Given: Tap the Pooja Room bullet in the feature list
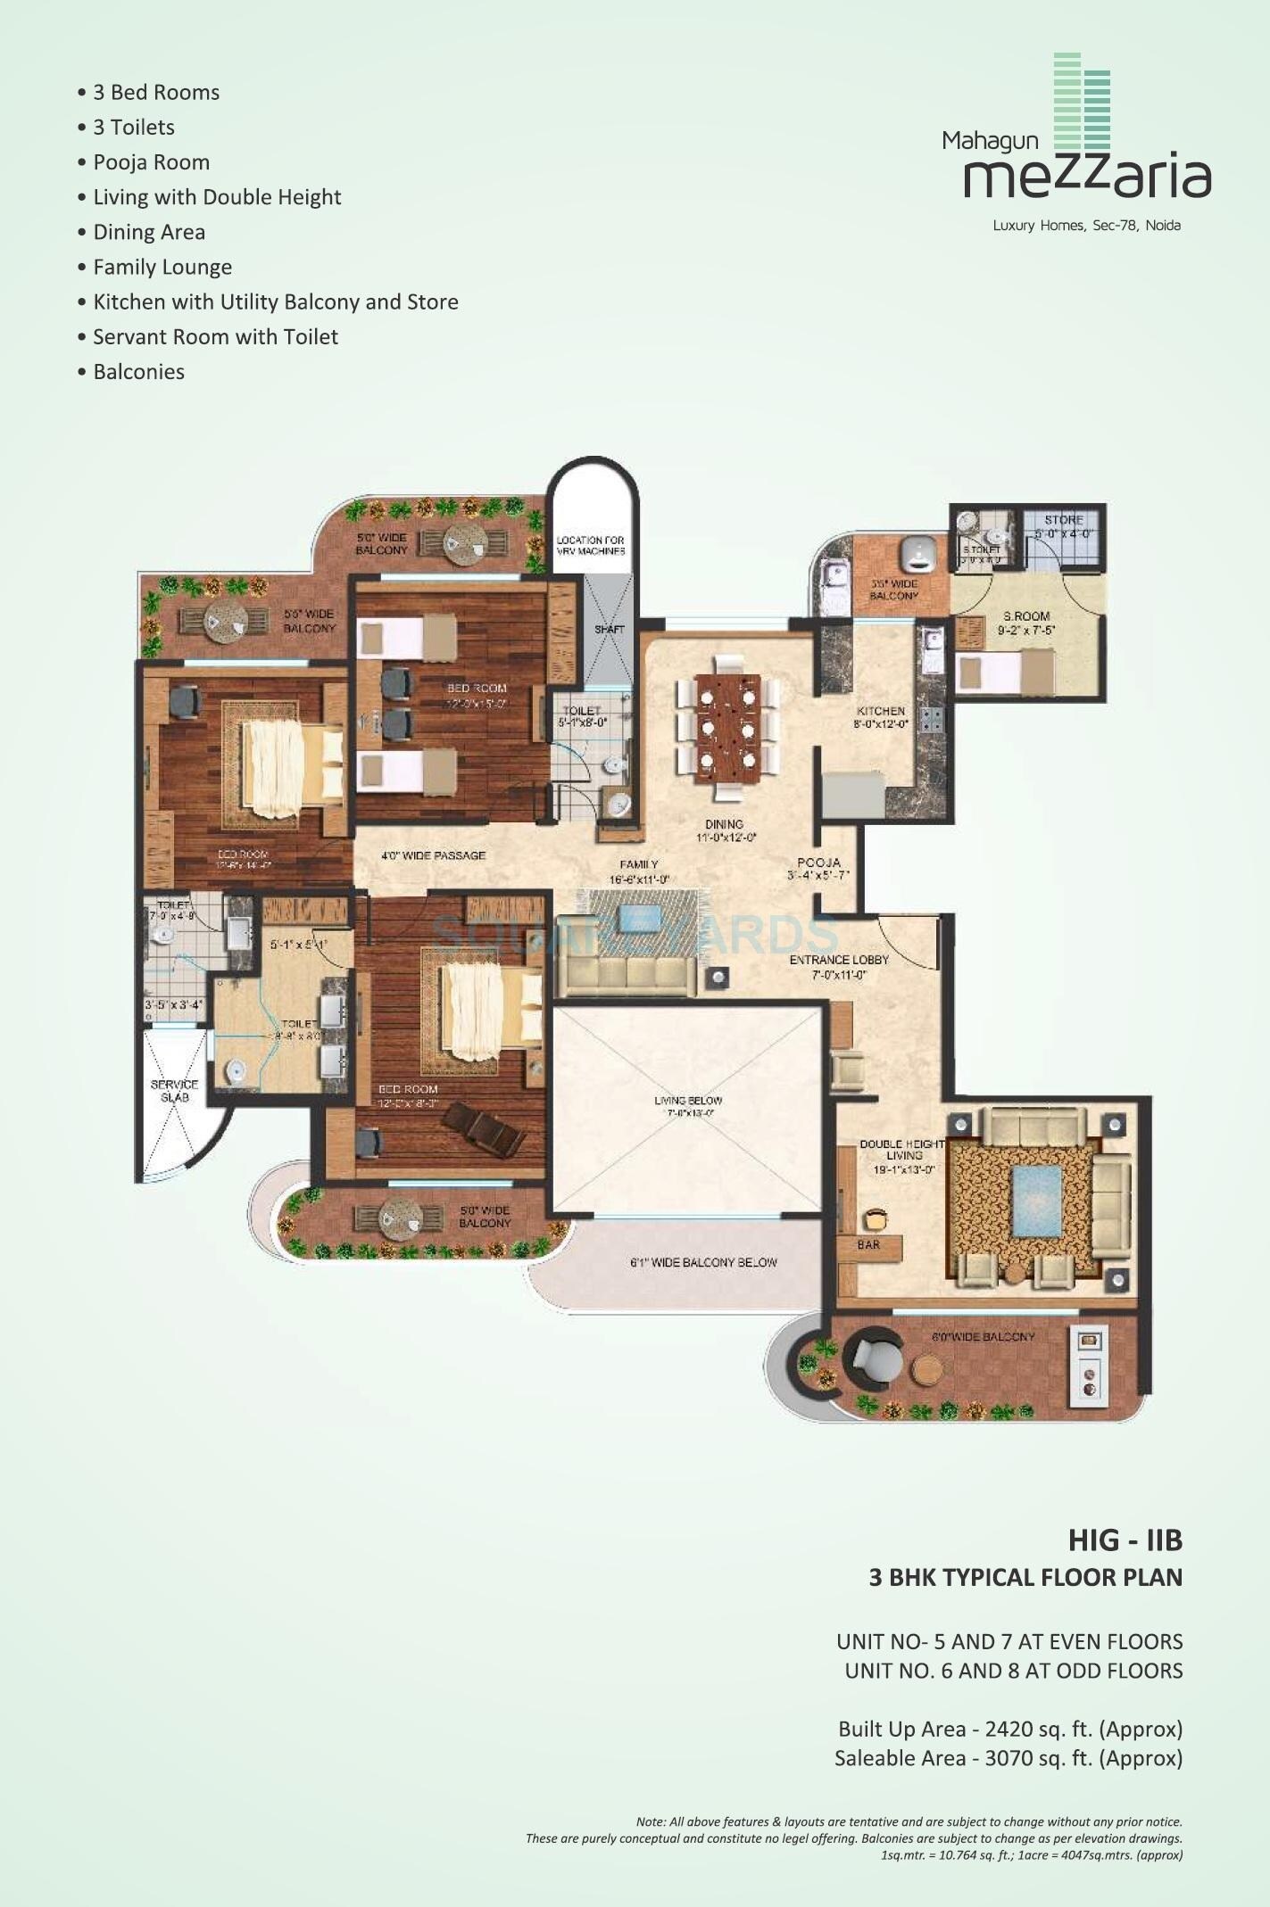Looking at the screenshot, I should click(151, 162).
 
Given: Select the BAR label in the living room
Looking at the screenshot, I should click(868, 1244).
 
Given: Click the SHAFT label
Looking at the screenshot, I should click(610, 630).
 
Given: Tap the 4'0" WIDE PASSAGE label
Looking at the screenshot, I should click(434, 855).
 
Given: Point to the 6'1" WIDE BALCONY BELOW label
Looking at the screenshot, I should click(703, 1262).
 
